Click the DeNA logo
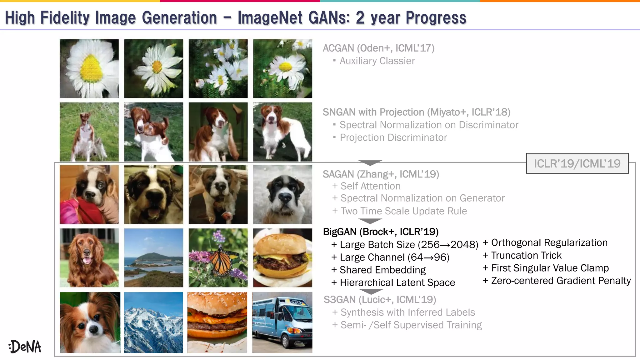pos(25,347)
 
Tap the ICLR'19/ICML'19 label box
pos(577,163)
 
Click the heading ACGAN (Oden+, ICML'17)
pos(378,48)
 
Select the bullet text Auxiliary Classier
pos(377,61)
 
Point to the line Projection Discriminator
pos(393,137)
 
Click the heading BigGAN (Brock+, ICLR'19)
pos(381,232)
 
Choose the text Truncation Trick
pos(526,256)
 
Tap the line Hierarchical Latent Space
pos(397,282)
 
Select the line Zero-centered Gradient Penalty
pos(561,281)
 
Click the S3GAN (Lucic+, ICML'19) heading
pos(380,300)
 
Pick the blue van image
pos(282,322)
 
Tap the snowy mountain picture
pos(153,322)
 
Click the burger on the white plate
pos(282,258)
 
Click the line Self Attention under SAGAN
pos(370,186)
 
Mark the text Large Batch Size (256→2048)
pos(409,245)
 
